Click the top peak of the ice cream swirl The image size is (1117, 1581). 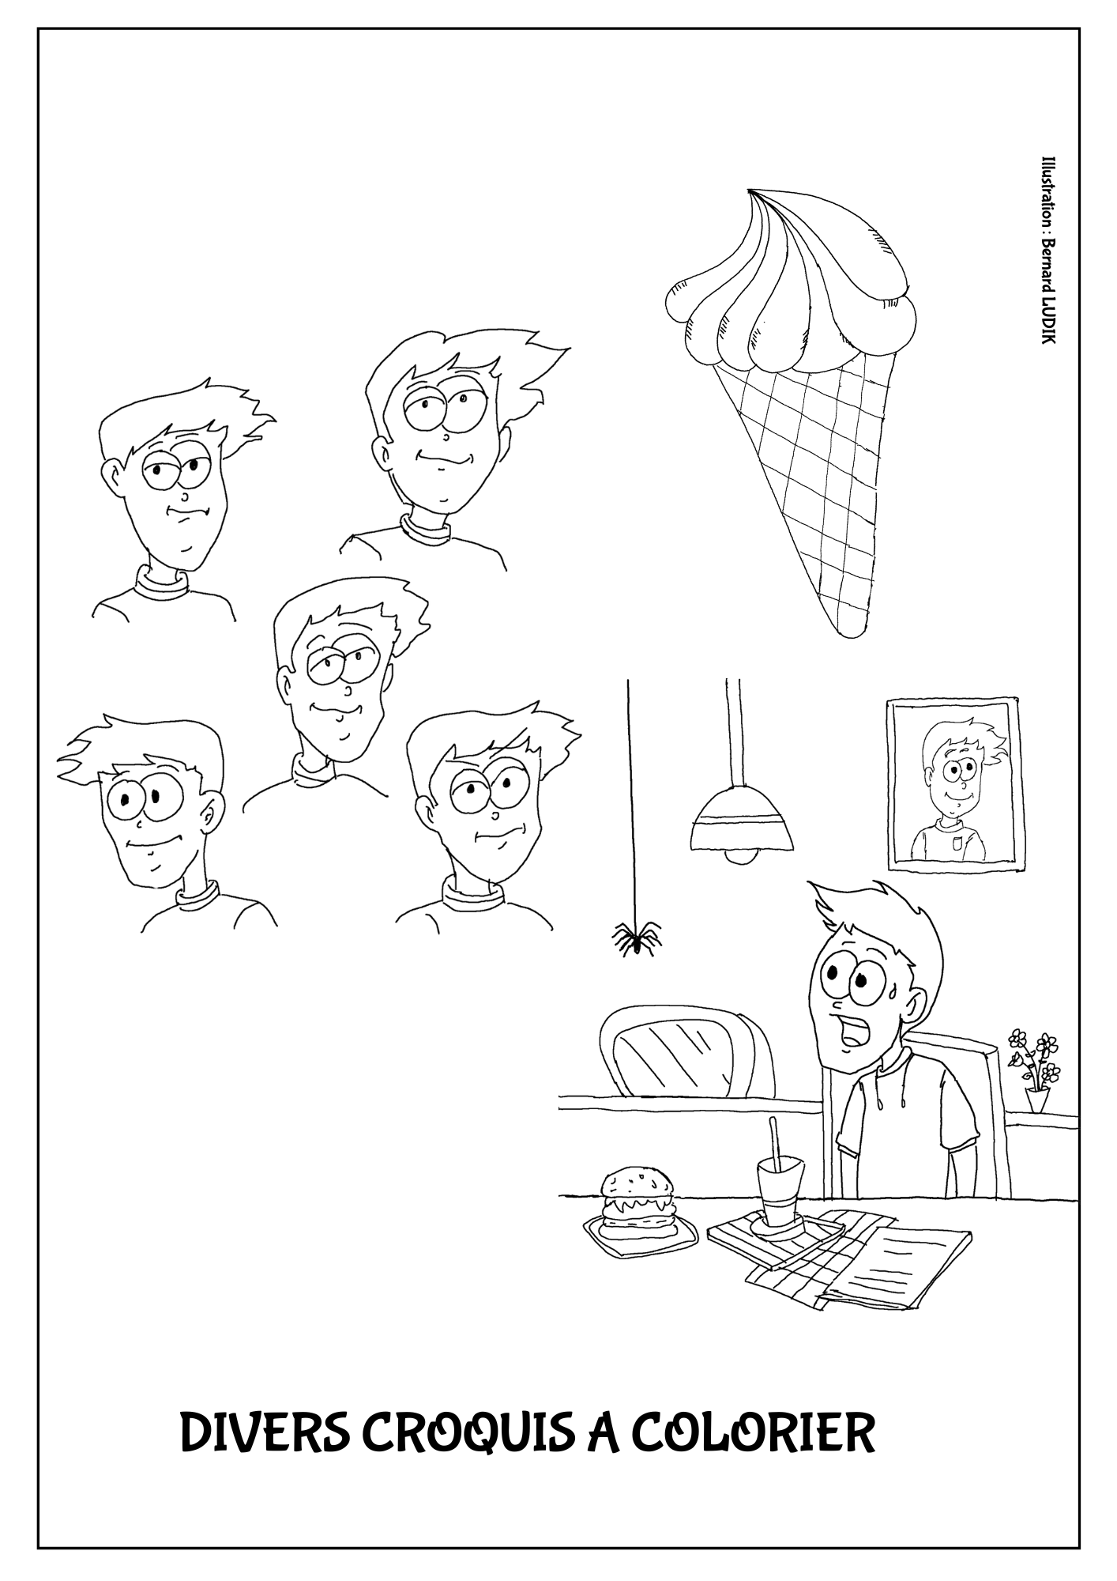(750, 191)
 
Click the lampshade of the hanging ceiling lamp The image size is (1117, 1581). (740, 821)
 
